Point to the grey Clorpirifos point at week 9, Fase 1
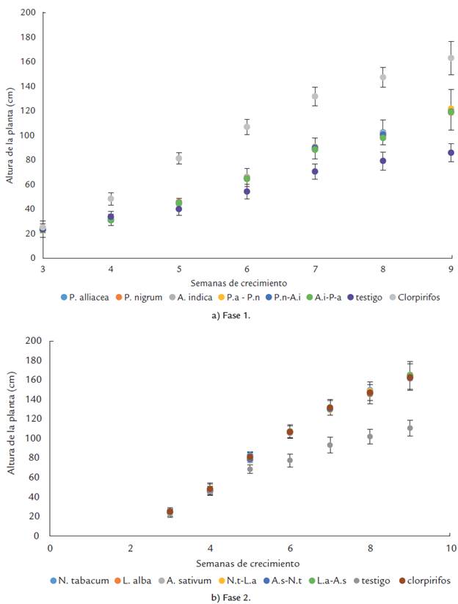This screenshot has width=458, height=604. point(451,58)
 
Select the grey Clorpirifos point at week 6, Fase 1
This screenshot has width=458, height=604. point(247,127)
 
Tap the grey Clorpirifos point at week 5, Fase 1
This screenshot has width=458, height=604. point(178,159)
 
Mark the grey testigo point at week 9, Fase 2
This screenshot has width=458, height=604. point(410,428)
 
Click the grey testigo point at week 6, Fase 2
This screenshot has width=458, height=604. point(290,461)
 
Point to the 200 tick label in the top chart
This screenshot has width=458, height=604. point(29,12)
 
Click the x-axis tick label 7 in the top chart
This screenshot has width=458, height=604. point(314,270)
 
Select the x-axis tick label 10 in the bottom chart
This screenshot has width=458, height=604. point(450,548)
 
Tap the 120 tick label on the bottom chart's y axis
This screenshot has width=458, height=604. point(32,419)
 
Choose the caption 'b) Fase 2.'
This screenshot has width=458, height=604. point(228,597)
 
